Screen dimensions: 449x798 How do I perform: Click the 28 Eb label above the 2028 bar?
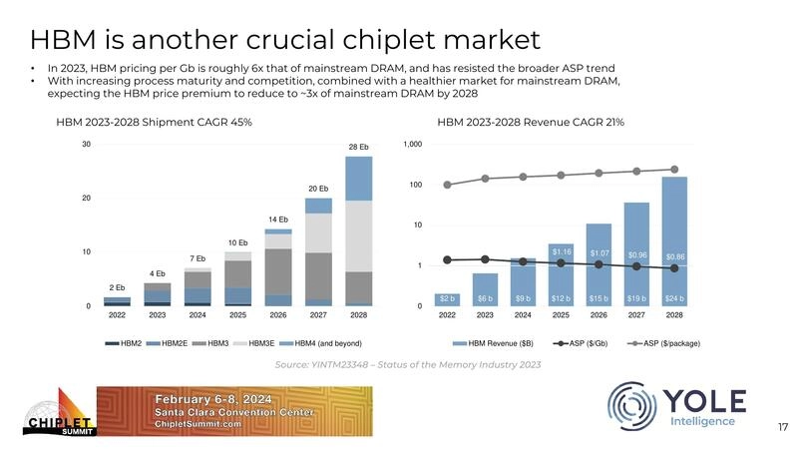point(359,148)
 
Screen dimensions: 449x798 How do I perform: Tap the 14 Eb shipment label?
point(277,219)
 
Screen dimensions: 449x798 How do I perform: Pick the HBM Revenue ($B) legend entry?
point(502,343)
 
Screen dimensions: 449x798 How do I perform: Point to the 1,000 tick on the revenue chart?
point(412,145)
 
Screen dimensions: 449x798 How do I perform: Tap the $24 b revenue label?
point(674,297)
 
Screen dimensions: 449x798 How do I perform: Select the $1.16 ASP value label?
point(562,251)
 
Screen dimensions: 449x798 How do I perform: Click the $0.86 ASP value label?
point(674,256)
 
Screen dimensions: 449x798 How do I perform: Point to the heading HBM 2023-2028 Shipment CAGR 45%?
point(153,122)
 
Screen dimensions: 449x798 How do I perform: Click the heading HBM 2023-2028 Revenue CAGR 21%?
point(531,122)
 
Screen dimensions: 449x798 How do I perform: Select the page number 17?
point(783,427)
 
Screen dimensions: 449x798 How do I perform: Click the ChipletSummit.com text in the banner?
point(198,424)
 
